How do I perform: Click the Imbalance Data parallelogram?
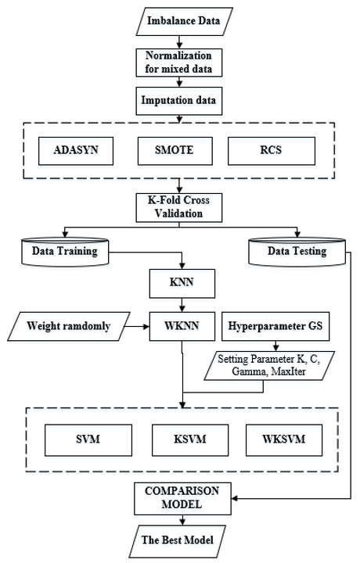[x=184, y=21]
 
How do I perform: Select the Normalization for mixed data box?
[x=179, y=63]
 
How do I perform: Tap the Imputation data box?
[x=179, y=101]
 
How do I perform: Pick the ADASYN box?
[x=76, y=151]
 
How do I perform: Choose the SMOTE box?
[x=175, y=151]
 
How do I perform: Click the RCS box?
[x=272, y=151]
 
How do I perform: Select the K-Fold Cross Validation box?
[x=179, y=207]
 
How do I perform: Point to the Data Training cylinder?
[x=65, y=251]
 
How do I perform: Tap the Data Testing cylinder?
[x=297, y=251]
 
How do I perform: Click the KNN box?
[x=182, y=284]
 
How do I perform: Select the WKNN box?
[x=182, y=326]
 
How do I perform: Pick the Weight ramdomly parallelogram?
[x=69, y=326]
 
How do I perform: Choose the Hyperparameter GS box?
[x=275, y=326]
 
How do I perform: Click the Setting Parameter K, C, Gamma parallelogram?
[x=269, y=365]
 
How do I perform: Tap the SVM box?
[x=88, y=440]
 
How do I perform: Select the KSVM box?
[x=190, y=440]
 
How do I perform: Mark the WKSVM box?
[x=284, y=440]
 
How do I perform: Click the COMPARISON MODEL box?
[x=182, y=499]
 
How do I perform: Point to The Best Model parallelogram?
[x=178, y=541]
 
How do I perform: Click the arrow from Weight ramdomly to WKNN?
[x=136, y=326]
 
